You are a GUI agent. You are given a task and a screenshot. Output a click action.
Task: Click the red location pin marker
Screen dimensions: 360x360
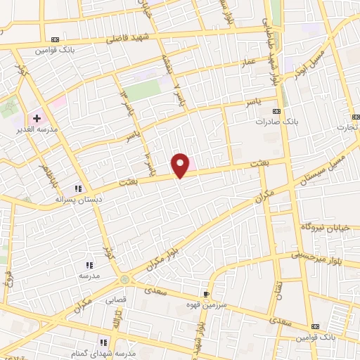click(x=181, y=164)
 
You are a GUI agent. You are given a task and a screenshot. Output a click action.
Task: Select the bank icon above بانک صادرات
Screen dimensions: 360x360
click(x=277, y=111)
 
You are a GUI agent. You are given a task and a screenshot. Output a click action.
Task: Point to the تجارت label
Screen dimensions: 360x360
click(x=346, y=127)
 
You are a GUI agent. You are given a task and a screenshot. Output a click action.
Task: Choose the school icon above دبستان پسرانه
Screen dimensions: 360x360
click(x=79, y=188)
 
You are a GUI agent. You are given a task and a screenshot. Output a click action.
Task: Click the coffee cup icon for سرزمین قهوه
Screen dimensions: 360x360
click(x=205, y=294)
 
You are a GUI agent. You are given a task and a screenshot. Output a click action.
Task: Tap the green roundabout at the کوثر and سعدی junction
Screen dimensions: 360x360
click(x=124, y=280)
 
